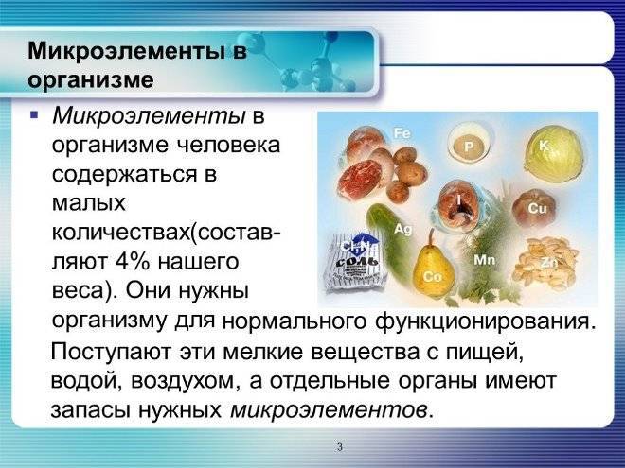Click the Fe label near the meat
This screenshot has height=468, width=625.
tap(402, 133)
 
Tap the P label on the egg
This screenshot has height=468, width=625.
tap(469, 147)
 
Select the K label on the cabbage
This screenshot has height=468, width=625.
tap(544, 146)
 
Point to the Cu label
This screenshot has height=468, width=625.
tap(537, 208)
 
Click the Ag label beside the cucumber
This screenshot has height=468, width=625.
tap(403, 229)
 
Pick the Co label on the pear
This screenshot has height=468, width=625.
tap(433, 276)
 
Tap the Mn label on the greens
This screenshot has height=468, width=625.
tap(484, 260)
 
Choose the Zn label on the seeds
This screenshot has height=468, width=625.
tap(549, 263)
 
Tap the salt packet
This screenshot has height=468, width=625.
tap(353, 261)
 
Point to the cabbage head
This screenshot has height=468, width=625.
tap(554, 153)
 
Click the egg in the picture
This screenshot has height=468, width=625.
tap(470, 144)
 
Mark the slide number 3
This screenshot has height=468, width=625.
tap(339, 447)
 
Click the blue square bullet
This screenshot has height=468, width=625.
tap(34, 115)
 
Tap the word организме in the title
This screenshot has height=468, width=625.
tap(91, 79)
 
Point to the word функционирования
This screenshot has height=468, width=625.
tap(485, 321)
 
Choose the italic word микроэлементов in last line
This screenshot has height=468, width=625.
tap(328, 410)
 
